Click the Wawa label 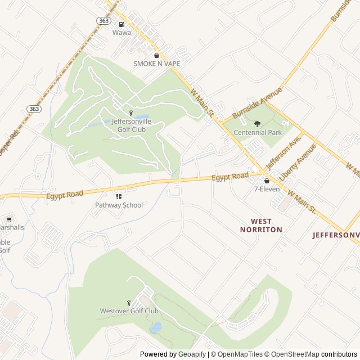point(121,33)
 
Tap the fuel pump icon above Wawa point(121,24)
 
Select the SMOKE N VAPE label point(157,64)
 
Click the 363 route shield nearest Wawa point(103,20)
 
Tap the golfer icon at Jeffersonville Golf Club point(131,114)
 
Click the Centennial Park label point(257,133)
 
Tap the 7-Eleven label point(267,190)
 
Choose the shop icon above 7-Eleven point(267,181)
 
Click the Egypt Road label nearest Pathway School point(65,195)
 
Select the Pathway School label point(119,205)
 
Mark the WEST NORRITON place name point(261,226)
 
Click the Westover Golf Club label point(129,311)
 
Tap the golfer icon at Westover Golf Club point(129,303)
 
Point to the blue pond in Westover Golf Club point(155,327)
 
